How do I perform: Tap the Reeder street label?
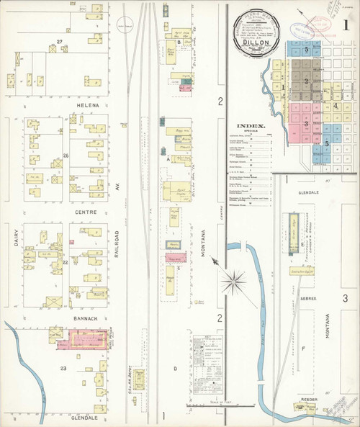(x=310, y=396)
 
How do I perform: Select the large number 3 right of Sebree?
(x=346, y=297)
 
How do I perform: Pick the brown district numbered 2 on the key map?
(x=307, y=81)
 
